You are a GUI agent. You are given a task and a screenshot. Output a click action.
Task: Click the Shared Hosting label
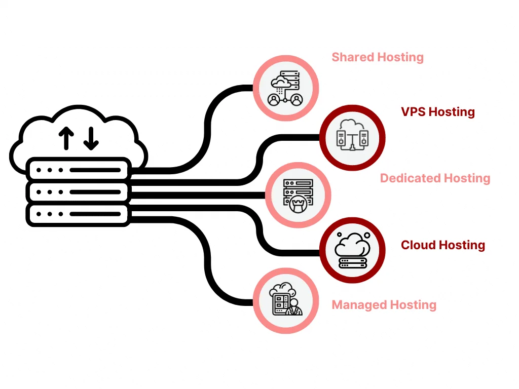pyautogui.click(x=378, y=57)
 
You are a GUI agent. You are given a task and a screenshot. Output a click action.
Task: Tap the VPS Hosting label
pyautogui.click(x=438, y=112)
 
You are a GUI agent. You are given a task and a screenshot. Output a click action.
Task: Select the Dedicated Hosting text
pyautogui.click(x=435, y=178)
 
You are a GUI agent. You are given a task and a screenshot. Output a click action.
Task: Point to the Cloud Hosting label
pyautogui.click(x=443, y=245)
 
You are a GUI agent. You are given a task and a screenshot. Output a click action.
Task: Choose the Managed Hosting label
pyautogui.click(x=384, y=305)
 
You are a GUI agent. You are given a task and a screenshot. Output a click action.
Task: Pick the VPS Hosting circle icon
pyautogui.click(x=352, y=137)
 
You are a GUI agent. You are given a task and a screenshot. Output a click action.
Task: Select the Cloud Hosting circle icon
pyautogui.click(x=352, y=250)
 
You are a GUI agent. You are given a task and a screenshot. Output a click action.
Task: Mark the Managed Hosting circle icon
pyautogui.click(x=286, y=301)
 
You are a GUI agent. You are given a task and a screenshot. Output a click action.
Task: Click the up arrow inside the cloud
pyautogui.click(x=66, y=138)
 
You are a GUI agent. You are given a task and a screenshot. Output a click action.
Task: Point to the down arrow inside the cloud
pyautogui.click(x=91, y=138)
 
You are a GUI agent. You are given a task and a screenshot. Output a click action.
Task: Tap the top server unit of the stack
pyautogui.click(x=79, y=169)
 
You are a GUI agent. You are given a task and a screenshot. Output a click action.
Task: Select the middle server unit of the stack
pyautogui.click(x=79, y=191)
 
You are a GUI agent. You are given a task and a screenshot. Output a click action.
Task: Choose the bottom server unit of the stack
pyautogui.click(x=79, y=214)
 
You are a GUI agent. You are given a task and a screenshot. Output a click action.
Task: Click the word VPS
pyautogui.click(x=414, y=112)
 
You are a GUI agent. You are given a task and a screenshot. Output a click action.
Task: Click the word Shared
pyautogui.click(x=350, y=57)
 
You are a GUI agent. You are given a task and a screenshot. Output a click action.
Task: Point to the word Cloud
pyautogui.click(x=419, y=245)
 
